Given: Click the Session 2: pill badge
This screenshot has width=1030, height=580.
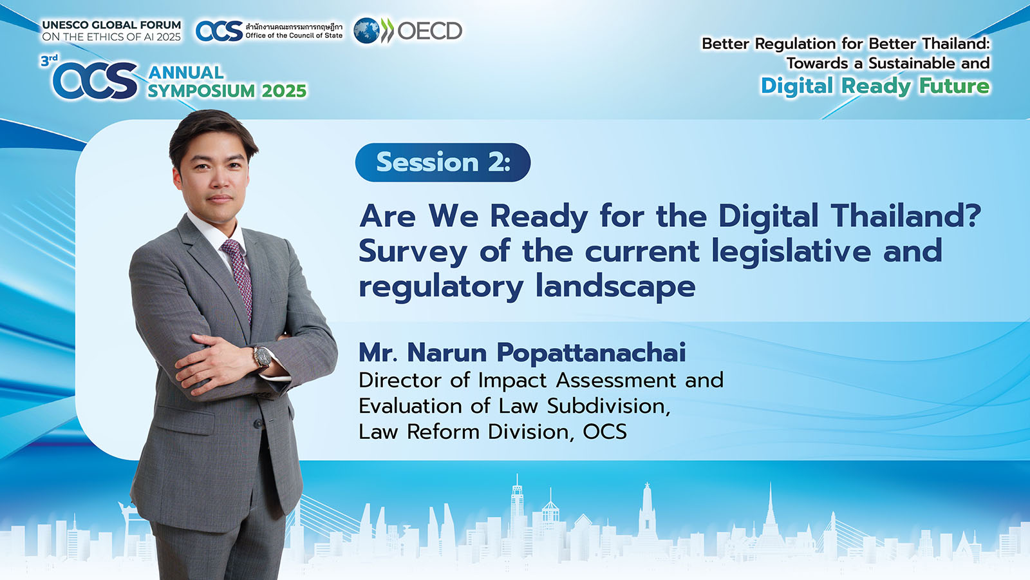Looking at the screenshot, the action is pos(443,162).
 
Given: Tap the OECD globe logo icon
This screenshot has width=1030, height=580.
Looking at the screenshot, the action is pos(366,31).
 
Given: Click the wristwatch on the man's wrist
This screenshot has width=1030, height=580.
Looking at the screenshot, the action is pos(263,358).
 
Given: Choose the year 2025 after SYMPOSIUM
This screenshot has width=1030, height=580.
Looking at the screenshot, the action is pos(284,91).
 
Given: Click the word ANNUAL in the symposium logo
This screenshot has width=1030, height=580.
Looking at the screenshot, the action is pos(186,72).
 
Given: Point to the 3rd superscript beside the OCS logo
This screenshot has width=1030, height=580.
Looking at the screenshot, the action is pos(49,61).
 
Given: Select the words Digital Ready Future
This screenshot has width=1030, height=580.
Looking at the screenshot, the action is pos(875,86).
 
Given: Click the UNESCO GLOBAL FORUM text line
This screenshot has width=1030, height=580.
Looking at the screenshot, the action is pos(112,25).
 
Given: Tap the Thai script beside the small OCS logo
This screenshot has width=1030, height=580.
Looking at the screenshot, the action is pos(294,26).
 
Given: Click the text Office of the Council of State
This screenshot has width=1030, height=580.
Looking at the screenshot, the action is pos(294,35).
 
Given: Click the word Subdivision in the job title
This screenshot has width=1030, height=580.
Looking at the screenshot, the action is pos(608,407).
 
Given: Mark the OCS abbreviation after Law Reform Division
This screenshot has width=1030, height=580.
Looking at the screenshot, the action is pos(604,432).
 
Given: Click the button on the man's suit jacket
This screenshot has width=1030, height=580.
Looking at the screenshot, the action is pos(258,423).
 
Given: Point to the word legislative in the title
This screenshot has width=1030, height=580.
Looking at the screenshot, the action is pos(791,252).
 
